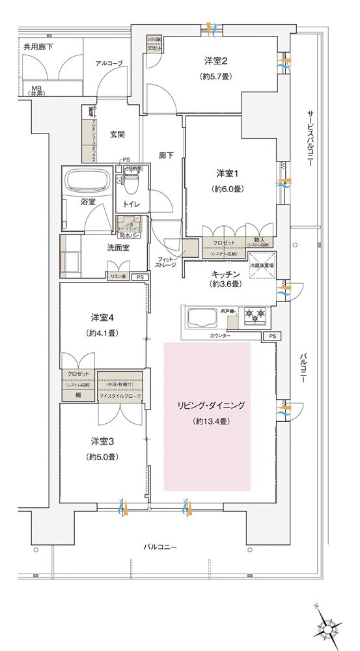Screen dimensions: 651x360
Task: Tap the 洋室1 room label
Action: pos(228,173)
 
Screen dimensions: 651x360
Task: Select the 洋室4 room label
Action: pos(103,318)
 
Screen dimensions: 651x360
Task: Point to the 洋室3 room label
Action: pos(103,440)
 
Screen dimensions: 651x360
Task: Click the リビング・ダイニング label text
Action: pos(206,405)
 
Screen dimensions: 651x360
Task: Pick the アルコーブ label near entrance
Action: pos(109,63)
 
